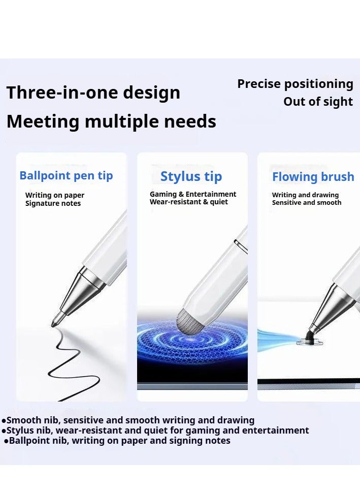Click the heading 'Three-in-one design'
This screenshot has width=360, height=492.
93,93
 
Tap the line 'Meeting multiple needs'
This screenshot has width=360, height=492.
111,121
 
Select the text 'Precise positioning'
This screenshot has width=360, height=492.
295,84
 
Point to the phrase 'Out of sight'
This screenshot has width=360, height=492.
318,101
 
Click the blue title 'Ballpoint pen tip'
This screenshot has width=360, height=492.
66,176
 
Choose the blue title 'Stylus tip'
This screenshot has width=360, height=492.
191,177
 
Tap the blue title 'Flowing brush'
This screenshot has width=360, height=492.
313,177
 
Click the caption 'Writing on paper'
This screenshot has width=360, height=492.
55,195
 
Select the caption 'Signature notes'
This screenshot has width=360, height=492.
53,203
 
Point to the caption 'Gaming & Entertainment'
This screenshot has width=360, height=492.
193,194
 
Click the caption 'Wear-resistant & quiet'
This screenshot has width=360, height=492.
188,202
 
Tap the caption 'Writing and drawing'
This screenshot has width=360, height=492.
305,195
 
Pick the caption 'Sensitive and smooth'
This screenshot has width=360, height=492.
307,202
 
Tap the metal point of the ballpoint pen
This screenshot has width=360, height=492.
56,321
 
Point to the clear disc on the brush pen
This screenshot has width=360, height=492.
309,340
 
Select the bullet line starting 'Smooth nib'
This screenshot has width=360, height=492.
128,420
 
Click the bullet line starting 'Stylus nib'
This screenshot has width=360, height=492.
155,430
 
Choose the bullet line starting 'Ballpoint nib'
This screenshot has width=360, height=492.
117,441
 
